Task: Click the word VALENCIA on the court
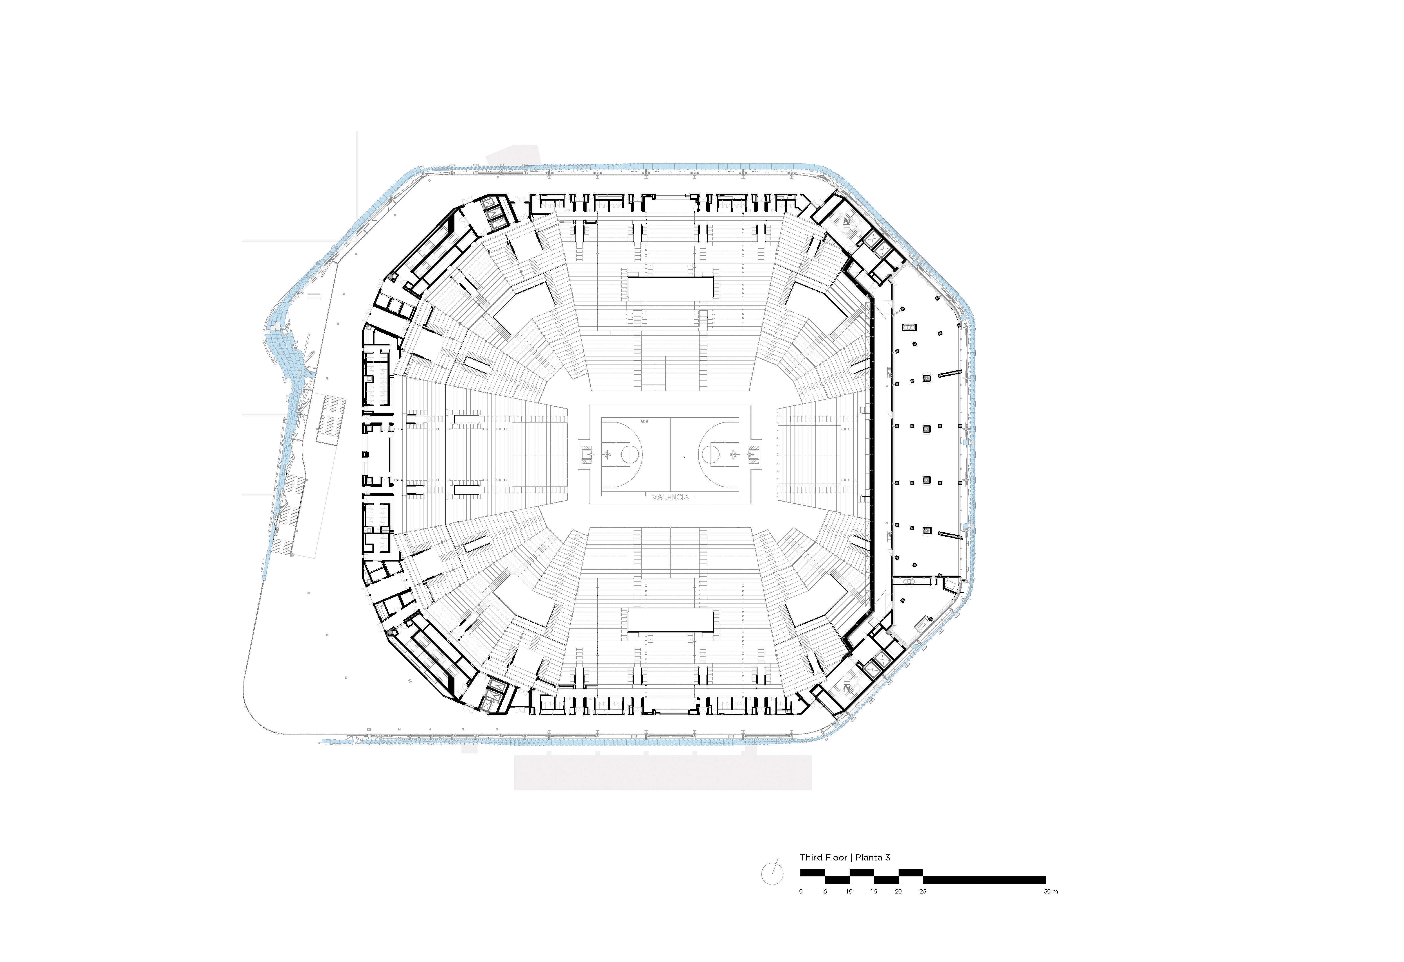671,497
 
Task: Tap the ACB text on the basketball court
644,421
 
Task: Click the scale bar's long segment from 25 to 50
984,880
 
